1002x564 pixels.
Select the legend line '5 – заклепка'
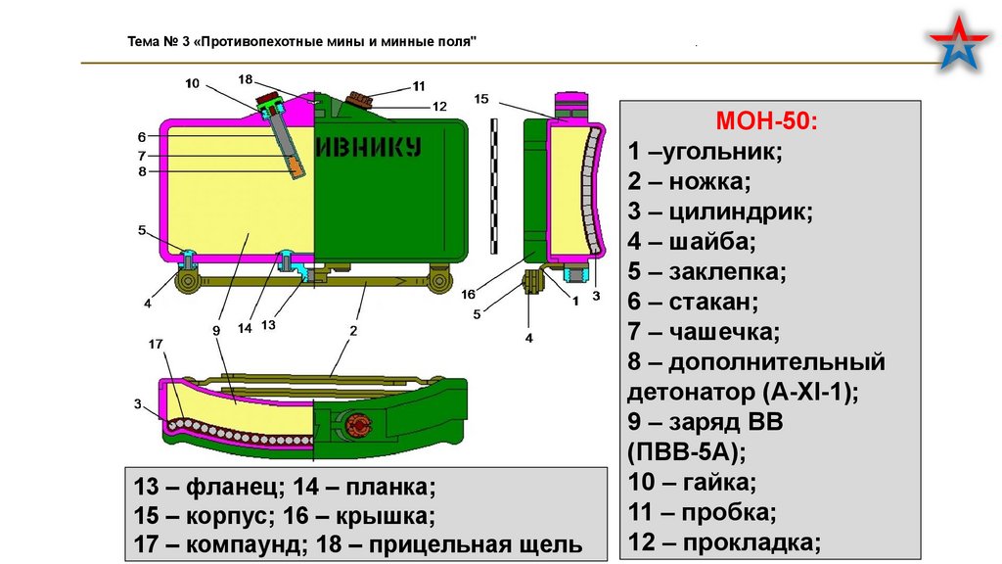[707, 271]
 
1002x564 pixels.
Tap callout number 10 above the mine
[192, 84]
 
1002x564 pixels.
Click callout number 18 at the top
[245, 78]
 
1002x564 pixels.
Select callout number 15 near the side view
[481, 99]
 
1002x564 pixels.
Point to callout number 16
[468, 294]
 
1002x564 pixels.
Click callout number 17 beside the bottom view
[155, 344]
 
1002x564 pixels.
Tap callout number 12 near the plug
[439, 106]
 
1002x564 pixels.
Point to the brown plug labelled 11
[361, 98]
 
